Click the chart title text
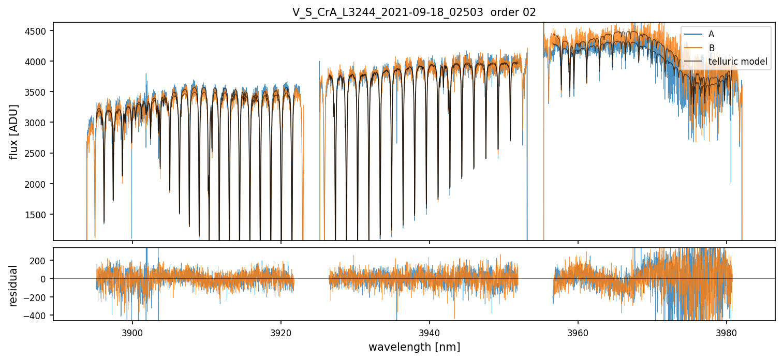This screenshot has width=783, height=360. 414,12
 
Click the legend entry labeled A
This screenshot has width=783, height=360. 711,34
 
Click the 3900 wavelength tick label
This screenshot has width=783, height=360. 132,332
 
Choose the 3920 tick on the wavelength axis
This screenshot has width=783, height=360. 281,332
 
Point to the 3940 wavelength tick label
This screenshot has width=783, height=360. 430,332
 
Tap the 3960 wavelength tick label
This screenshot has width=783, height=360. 578,332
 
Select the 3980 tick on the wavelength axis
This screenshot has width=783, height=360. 727,332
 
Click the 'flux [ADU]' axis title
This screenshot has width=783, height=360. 14,131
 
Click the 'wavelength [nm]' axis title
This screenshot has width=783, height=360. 414,347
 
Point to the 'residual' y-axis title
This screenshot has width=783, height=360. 14,285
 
